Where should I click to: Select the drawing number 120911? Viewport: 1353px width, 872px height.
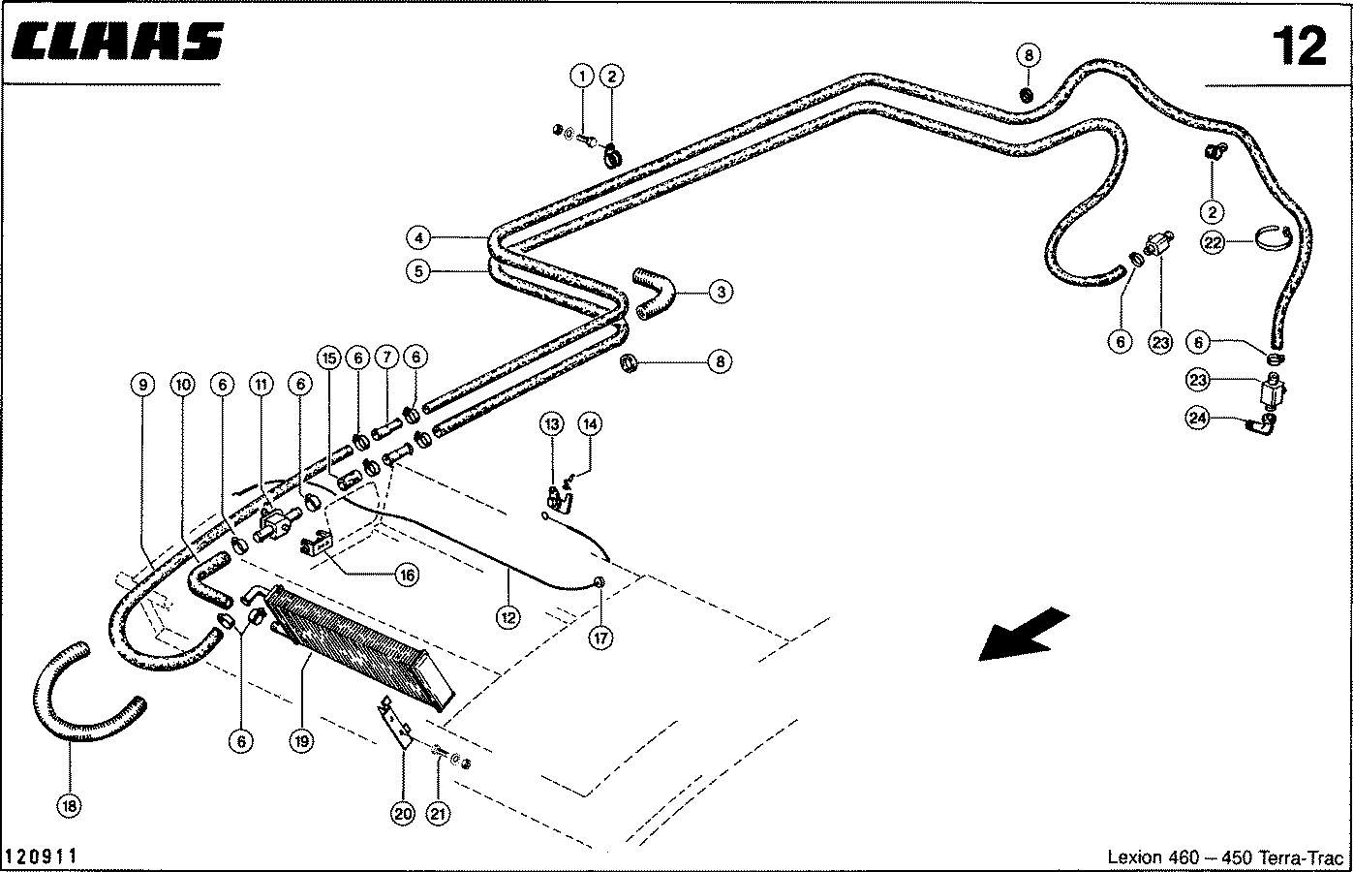pos(42,856)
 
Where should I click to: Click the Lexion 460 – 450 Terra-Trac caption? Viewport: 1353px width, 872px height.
pos(1225,857)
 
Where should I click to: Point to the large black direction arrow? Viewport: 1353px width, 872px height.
pos(1023,634)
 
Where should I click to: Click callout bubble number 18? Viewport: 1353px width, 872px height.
pos(70,805)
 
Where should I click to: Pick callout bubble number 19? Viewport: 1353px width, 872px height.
pos(301,742)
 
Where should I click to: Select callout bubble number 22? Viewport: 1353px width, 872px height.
pos(1214,242)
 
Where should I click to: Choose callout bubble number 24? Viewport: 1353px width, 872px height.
pos(1199,418)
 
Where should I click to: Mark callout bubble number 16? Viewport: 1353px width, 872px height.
pos(406,575)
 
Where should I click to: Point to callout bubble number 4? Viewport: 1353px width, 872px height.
pos(417,237)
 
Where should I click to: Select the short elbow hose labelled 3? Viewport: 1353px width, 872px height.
pos(656,293)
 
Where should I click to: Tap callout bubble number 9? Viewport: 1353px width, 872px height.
pos(142,385)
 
